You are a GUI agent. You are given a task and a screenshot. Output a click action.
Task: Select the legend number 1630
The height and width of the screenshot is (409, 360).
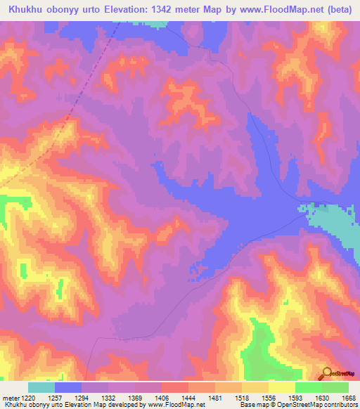321,397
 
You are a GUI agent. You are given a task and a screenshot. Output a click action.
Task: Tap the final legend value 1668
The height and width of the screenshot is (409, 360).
347,397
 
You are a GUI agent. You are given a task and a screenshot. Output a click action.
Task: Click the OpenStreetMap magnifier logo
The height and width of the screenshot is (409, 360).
328,373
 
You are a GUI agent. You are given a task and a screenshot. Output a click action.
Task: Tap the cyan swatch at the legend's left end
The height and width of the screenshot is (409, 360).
41,387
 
